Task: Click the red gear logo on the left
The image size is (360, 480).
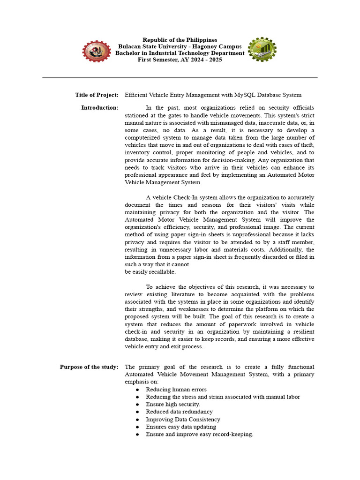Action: (x=97, y=52)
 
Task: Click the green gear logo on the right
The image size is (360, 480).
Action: (x=262, y=50)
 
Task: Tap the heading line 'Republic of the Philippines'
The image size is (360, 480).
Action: (x=180, y=40)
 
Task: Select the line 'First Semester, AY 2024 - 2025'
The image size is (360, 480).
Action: (x=180, y=60)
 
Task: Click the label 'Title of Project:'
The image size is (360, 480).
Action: (x=97, y=95)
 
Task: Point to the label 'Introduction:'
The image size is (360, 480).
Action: (x=100, y=108)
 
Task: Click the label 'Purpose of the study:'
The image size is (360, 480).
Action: (x=89, y=367)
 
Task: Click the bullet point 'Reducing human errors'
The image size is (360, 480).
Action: (x=176, y=390)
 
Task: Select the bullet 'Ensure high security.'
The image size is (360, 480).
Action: (x=173, y=405)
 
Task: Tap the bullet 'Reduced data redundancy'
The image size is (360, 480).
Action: (x=179, y=412)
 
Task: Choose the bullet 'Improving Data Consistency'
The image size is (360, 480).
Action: (x=183, y=420)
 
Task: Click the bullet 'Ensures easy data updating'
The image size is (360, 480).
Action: (x=181, y=427)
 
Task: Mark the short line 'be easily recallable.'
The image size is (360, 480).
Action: (x=150, y=272)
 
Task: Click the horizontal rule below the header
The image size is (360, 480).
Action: (x=180, y=77)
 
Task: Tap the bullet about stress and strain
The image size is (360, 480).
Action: (x=223, y=397)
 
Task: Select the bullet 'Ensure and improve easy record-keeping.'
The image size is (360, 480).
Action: (x=200, y=435)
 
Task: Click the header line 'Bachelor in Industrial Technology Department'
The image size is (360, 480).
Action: (x=180, y=53)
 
